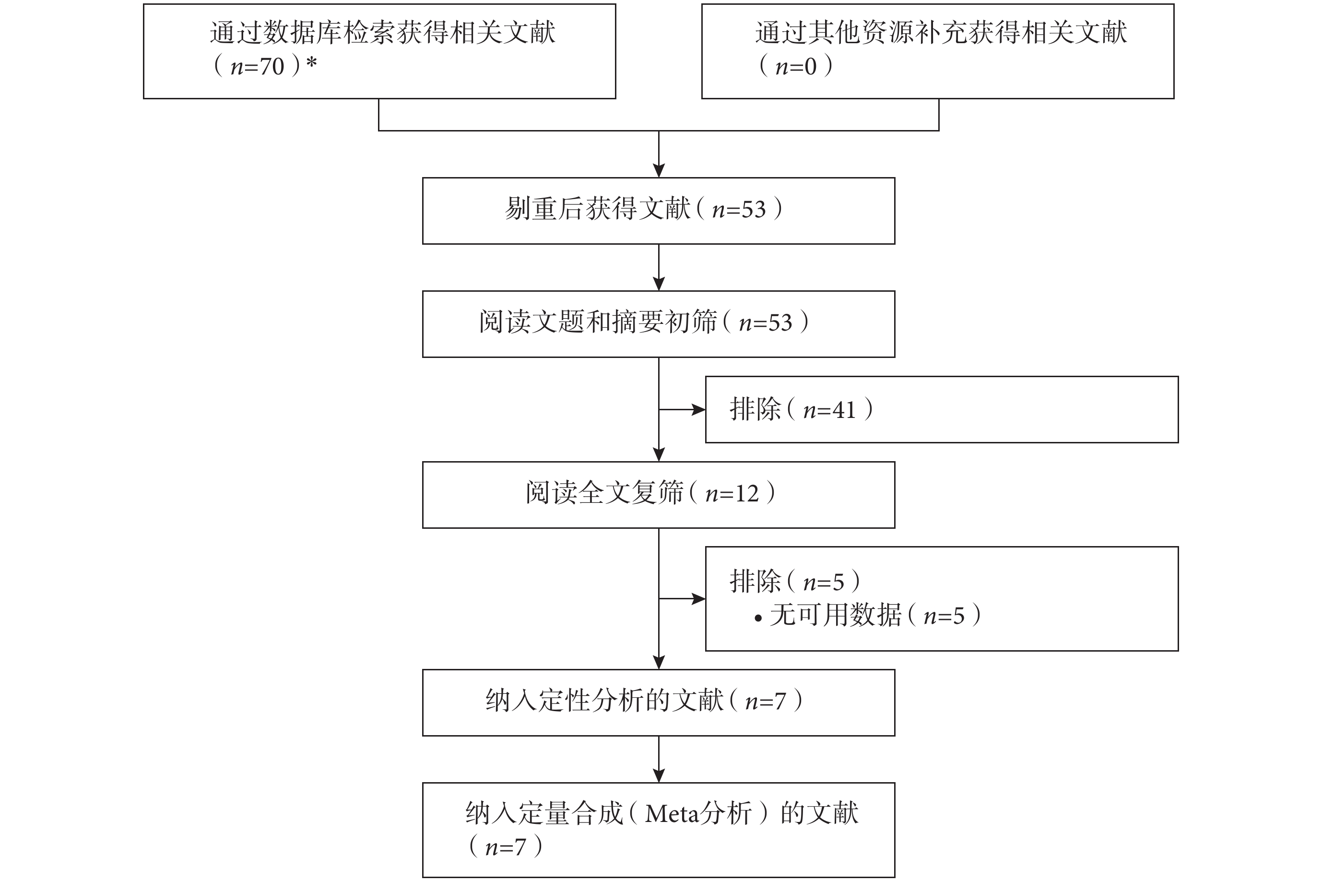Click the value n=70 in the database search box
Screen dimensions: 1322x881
click(x=257, y=67)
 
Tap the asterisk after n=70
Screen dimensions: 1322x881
click(x=312, y=63)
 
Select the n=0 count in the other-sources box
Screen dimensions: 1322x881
click(x=796, y=67)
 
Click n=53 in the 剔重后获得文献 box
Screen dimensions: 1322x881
click(x=739, y=210)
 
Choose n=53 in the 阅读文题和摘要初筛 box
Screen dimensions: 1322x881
click(x=766, y=323)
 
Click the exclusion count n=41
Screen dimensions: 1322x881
click(x=829, y=410)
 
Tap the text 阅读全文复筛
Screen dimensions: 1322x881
click(x=604, y=493)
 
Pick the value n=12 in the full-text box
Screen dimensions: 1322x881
click(x=732, y=494)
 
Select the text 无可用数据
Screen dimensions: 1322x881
click(x=836, y=615)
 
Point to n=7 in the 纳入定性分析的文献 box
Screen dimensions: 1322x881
click(x=766, y=702)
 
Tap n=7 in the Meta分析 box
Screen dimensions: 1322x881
click(x=506, y=847)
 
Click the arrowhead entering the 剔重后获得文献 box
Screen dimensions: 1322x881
click(x=659, y=171)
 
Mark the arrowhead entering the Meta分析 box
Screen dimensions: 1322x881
click(x=659, y=776)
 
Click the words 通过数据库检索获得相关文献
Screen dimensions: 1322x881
click(x=382, y=33)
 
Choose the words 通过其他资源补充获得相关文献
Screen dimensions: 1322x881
click(x=941, y=33)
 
